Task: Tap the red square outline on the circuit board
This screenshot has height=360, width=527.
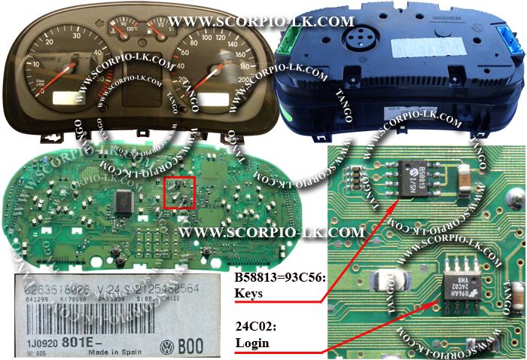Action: coord(179,192)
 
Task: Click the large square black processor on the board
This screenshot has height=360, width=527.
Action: coord(123,200)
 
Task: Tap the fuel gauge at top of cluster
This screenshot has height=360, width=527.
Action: coord(159,29)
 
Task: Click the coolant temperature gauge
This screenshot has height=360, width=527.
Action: coord(120,29)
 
